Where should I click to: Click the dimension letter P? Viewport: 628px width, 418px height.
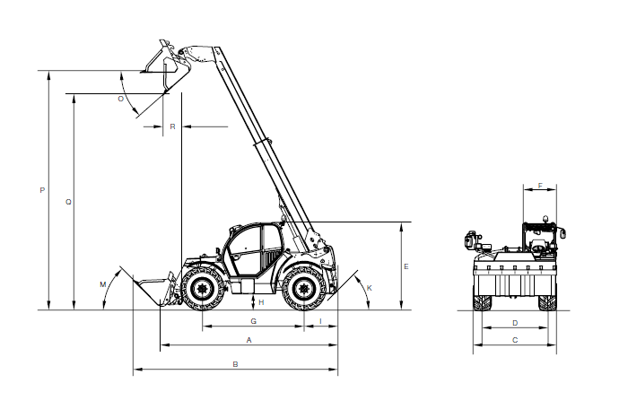[x=42, y=190]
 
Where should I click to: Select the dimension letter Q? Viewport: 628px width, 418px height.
[x=68, y=202]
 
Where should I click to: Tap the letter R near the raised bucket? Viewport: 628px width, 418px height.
[x=172, y=126]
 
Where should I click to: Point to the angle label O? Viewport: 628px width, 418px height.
[x=121, y=99]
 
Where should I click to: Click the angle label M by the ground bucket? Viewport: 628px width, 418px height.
[x=103, y=284]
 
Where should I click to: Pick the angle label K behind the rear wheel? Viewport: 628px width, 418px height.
[x=370, y=288]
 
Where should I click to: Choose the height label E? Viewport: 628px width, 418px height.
[x=406, y=266]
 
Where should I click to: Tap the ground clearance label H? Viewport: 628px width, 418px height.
[x=261, y=302]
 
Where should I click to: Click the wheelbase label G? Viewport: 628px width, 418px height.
[x=253, y=321]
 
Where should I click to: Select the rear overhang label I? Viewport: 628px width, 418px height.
[x=320, y=321]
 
